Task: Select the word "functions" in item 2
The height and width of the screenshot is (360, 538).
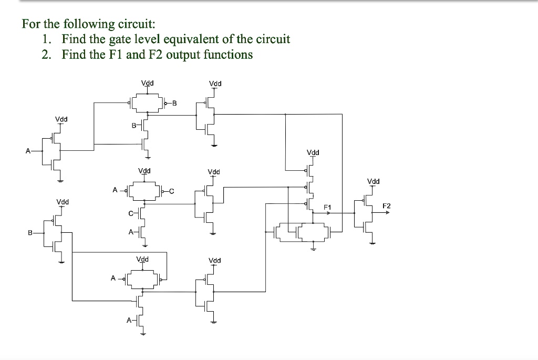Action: coord(227,55)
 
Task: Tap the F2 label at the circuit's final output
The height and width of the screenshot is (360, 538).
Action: coord(386,205)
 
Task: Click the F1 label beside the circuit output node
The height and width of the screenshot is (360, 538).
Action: coord(327,207)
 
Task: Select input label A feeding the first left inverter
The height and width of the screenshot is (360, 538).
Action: coord(27,150)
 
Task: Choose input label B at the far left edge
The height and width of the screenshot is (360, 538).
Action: coord(30,232)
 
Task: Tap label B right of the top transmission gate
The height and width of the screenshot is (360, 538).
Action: coord(174,103)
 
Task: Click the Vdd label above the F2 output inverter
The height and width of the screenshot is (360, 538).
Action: coord(373,182)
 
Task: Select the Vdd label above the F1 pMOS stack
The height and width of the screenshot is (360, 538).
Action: coord(313,152)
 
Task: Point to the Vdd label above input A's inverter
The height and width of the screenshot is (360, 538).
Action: coord(61,119)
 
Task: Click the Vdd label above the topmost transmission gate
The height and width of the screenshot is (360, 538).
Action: coord(148,83)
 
